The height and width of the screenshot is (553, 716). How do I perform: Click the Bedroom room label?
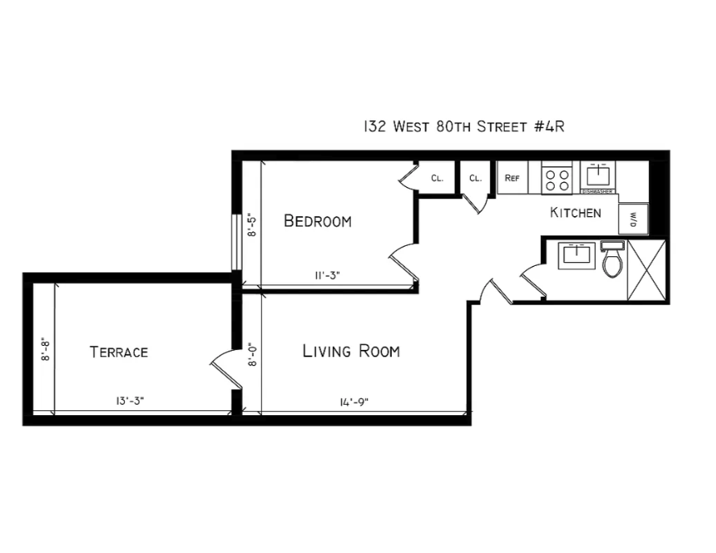click(x=318, y=221)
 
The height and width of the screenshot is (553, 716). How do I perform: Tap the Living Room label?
click(x=351, y=351)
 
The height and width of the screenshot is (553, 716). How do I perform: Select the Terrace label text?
click(x=119, y=352)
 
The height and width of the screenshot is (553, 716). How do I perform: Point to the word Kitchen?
click(x=575, y=213)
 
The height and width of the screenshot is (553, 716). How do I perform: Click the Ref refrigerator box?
click(x=512, y=178)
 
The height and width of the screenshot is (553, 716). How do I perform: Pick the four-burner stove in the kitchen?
click(x=556, y=178)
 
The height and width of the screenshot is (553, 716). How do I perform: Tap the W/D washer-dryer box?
click(x=632, y=218)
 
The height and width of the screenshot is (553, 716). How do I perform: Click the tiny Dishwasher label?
click(x=599, y=192)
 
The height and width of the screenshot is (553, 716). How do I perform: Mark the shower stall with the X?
click(x=647, y=269)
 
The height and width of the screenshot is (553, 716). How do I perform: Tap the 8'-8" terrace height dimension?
click(x=46, y=351)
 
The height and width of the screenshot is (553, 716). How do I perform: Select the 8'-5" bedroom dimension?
click(x=252, y=224)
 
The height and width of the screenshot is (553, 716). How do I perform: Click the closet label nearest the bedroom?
click(x=437, y=178)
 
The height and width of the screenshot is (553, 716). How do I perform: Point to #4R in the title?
click(x=553, y=127)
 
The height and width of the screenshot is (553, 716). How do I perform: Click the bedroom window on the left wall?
click(x=234, y=242)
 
